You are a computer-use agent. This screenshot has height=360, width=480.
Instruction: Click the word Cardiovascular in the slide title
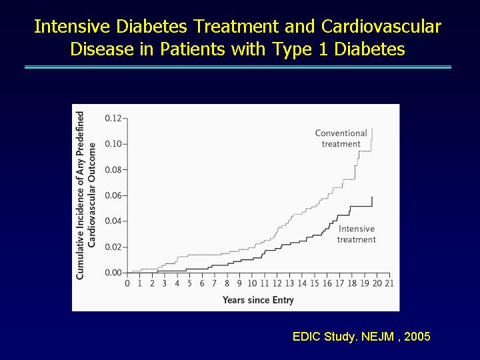[x=381, y=26]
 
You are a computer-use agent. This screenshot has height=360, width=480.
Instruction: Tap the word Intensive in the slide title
[x=72, y=26]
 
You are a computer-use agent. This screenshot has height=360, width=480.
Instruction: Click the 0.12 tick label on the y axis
[x=113, y=118]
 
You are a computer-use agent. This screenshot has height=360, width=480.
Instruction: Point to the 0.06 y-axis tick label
[x=113, y=195]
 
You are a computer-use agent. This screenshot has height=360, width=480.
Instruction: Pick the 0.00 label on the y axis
[x=113, y=273]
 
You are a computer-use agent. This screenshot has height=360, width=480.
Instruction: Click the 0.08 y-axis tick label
[x=113, y=169]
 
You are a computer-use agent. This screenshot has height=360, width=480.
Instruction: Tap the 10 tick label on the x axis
[x=252, y=283]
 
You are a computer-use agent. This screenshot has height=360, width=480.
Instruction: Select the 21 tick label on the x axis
[x=389, y=283]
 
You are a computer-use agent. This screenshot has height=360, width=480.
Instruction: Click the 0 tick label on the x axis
[x=127, y=283]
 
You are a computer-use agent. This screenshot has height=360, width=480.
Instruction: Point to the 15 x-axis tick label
[x=315, y=283]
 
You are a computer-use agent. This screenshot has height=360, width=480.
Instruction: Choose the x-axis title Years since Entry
[x=258, y=300]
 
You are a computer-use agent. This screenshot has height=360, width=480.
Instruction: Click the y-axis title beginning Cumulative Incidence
[x=86, y=195]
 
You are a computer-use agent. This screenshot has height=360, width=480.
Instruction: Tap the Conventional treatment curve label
[x=341, y=139]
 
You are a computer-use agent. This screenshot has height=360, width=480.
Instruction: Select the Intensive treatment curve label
[x=357, y=234]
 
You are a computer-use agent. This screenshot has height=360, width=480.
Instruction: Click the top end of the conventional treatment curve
[x=372, y=129]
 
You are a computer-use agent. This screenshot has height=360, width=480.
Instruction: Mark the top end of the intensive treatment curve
[x=372, y=197]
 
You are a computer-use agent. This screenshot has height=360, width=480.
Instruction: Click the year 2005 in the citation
[x=417, y=337]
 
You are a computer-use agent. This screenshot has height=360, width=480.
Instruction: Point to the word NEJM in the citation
[x=377, y=337]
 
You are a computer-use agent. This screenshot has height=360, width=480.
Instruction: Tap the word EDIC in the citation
[x=307, y=337]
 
